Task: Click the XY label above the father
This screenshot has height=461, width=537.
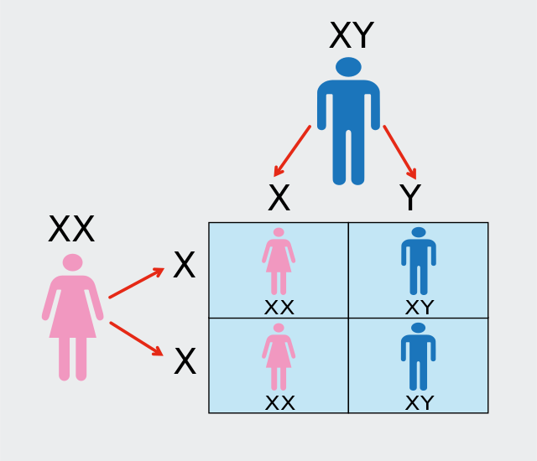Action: click(352, 35)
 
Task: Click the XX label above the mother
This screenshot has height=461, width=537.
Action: click(71, 229)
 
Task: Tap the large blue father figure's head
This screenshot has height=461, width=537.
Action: click(348, 67)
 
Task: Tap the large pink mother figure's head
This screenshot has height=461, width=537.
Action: click(73, 262)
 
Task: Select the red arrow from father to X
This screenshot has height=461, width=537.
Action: click(292, 151)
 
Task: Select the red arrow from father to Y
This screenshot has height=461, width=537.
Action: click(400, 153)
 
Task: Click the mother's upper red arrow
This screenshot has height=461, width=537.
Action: click(136, 283)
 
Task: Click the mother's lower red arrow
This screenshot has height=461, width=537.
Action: click(136, 339)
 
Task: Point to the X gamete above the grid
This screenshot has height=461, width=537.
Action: click(279, 197)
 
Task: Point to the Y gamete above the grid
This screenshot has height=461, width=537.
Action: click(410, 197)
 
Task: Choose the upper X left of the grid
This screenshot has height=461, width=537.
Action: click(185, 264)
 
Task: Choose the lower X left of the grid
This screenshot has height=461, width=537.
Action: click(185, 361)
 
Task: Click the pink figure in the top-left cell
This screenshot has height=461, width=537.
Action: click(279, 262)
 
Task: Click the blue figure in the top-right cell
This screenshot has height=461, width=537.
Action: click(419, 261)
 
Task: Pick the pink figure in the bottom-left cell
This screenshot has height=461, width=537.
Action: click(279, 357)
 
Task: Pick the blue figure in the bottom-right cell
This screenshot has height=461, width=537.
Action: click(418, 356)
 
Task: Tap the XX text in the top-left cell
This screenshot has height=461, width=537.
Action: click(279, 308)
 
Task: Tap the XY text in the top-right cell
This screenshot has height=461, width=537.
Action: click(420, 308)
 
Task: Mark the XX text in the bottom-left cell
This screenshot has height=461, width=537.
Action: click(279, 403)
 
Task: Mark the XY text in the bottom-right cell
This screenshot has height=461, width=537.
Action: click(420, 403)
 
